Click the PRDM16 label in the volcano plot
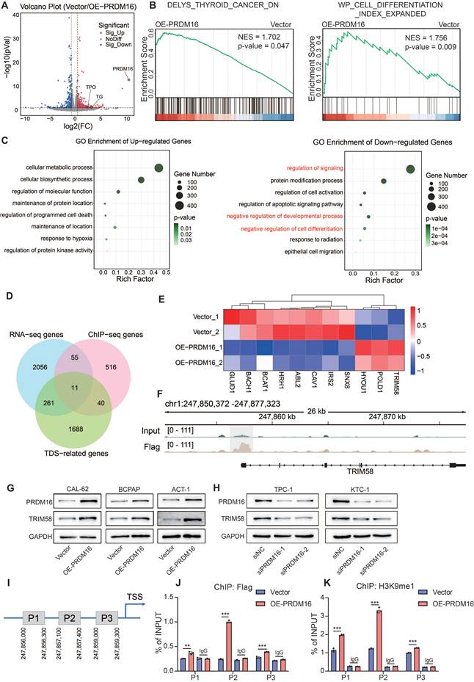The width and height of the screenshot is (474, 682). (x=123, y=68)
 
